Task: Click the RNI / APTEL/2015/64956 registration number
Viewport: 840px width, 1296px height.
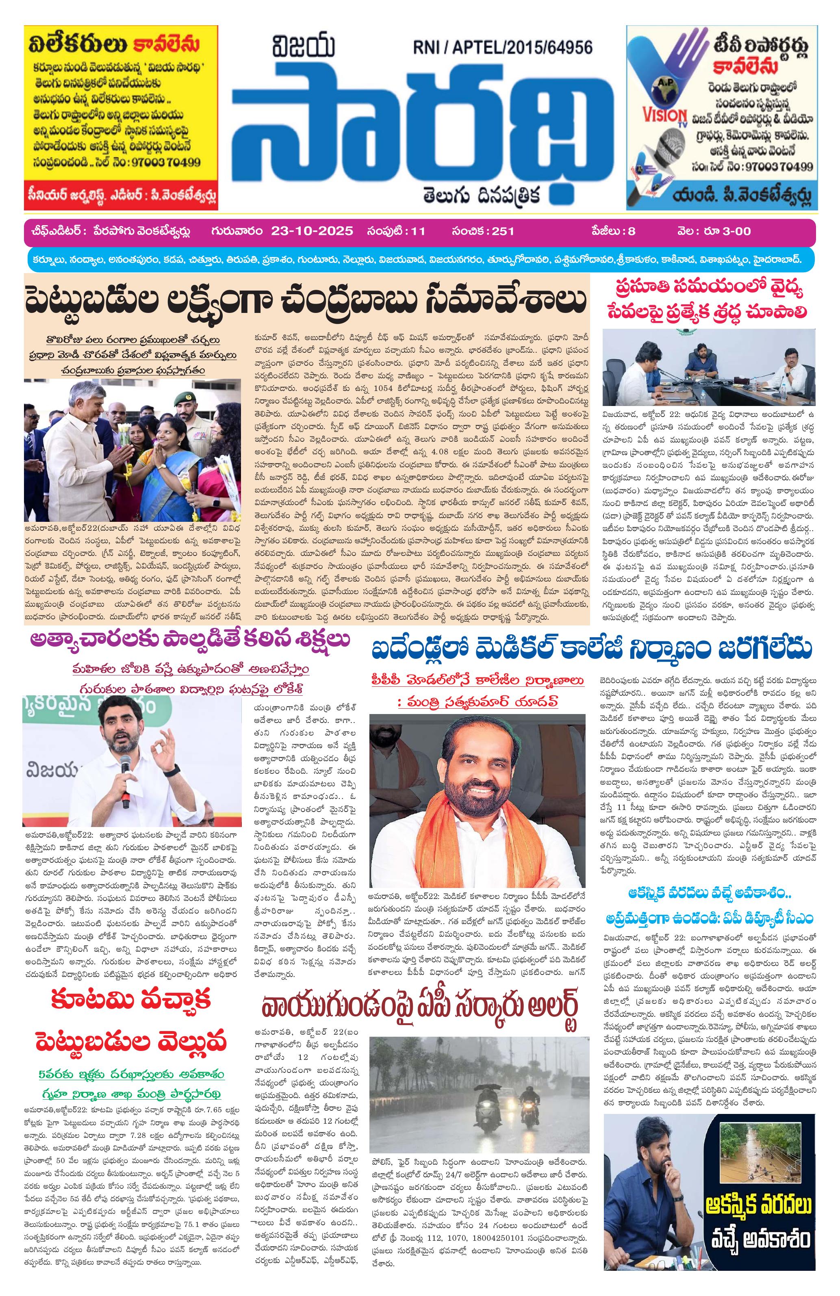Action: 502,48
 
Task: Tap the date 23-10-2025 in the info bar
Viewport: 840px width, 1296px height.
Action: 311,231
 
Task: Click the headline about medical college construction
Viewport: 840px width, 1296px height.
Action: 592,650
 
